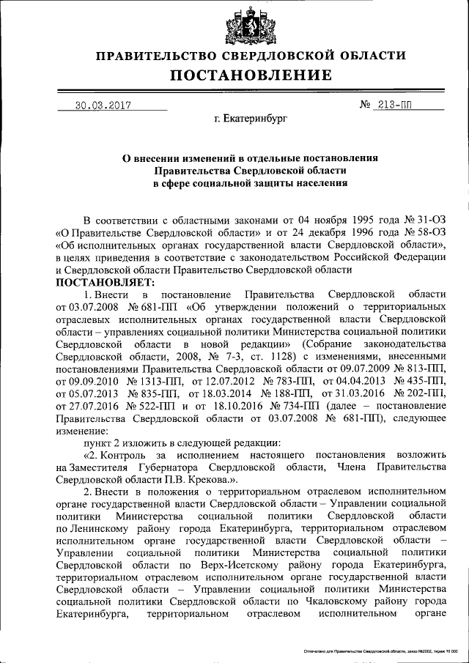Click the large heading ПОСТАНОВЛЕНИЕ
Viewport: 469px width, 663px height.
[x=251, y=75]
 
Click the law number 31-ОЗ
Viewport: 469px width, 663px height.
[x=428, y=219]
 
